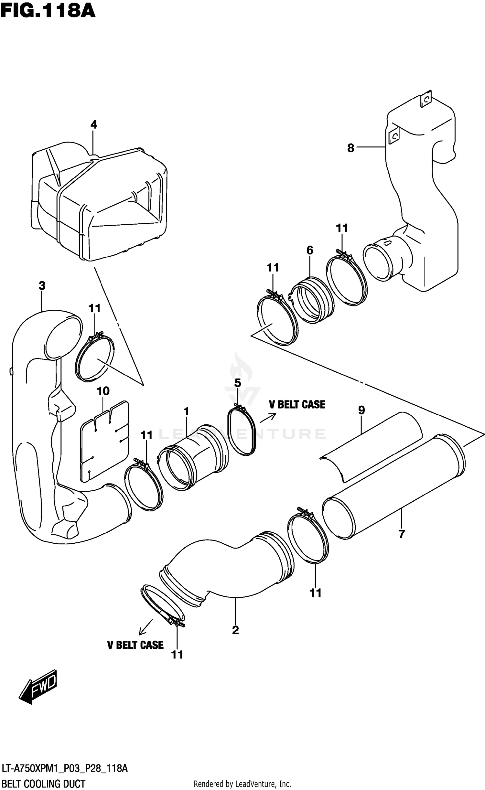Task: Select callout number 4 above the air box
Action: click(93, 124)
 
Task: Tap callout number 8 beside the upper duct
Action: click(350, 148)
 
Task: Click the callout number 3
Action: click(42, 286)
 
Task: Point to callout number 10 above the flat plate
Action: click(103, 391)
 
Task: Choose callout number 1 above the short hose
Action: click(186, 411)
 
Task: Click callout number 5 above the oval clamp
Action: click(237, 383)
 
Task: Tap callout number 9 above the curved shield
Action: click(361, 410)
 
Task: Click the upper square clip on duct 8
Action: click(426, 100)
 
